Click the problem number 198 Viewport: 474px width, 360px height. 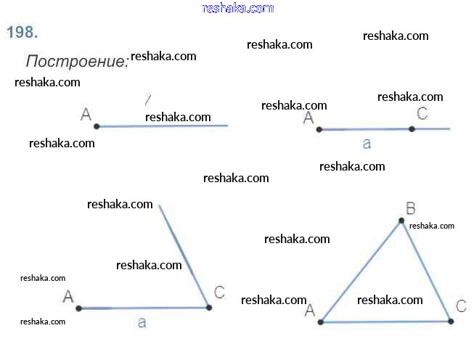point(22,32)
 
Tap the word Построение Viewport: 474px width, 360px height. point(77,61)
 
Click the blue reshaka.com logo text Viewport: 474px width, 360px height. point(238,8)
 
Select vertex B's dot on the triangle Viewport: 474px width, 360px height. point(401,221)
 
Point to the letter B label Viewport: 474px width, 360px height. point(410,209)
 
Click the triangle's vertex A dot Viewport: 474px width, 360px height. point(320,321)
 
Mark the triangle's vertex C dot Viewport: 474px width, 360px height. point(451,321)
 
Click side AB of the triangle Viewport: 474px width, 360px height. point(360,271)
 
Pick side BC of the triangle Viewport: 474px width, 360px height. point(425,270)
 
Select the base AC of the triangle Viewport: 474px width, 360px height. point(385,321)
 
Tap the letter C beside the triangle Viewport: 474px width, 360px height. point(461,306)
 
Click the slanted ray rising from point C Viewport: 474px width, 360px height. point(184,256)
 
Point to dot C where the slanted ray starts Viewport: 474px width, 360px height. point(209,308)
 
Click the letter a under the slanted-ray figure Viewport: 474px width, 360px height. point(142,322)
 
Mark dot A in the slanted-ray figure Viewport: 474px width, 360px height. point(78,308)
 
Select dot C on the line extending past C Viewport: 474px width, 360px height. point(412,129)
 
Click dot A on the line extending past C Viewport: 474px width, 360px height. point(319,130)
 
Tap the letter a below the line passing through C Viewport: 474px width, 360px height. point(367,144)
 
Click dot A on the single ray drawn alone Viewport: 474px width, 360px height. point(97,126)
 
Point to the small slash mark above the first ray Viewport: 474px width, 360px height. point(147,99)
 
